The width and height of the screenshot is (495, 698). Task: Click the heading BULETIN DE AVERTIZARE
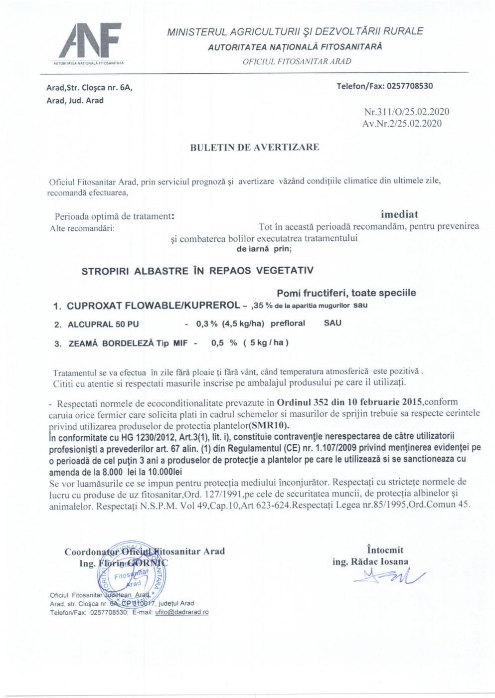tap(254, 147)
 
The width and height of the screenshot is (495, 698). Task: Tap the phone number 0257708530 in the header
tap(408, 86)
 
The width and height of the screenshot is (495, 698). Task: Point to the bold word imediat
tap(399, 214)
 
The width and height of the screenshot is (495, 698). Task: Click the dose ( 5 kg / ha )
tap(266, 343)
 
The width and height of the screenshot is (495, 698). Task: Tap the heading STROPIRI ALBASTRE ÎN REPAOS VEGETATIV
tap(197, 271)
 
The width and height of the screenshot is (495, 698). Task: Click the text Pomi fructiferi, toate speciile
tap(346, 293)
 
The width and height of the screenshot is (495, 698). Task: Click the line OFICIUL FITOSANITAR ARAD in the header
tap(297, 61)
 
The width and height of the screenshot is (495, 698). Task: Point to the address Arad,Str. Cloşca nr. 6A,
tap(90, 88)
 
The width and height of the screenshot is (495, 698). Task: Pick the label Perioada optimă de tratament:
tap(115, 216)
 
